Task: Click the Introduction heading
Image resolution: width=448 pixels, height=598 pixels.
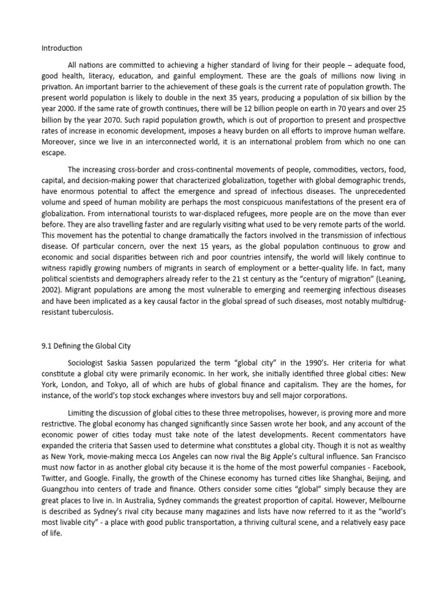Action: tap(62, 48)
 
